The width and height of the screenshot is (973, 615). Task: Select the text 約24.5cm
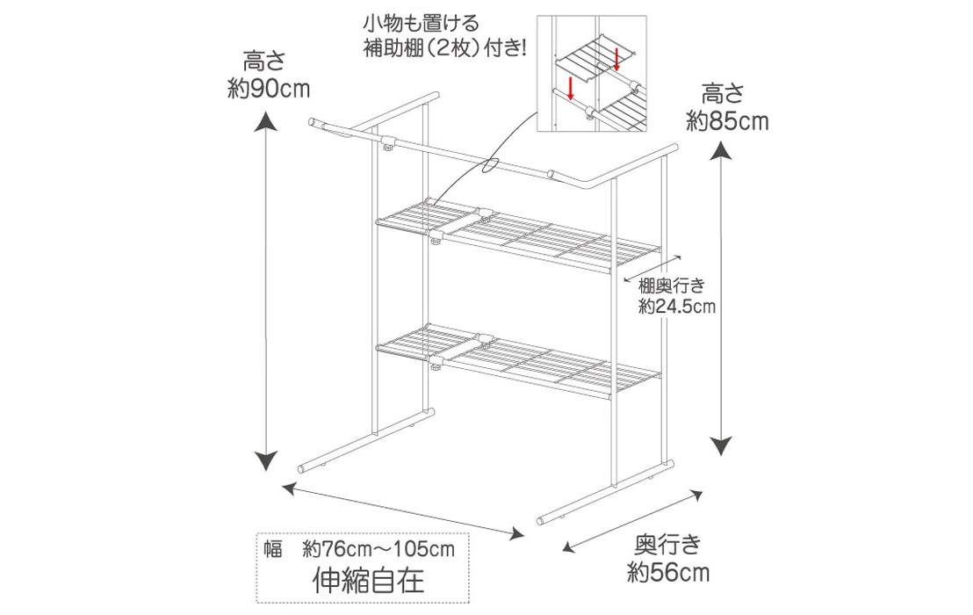pos(677,307)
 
